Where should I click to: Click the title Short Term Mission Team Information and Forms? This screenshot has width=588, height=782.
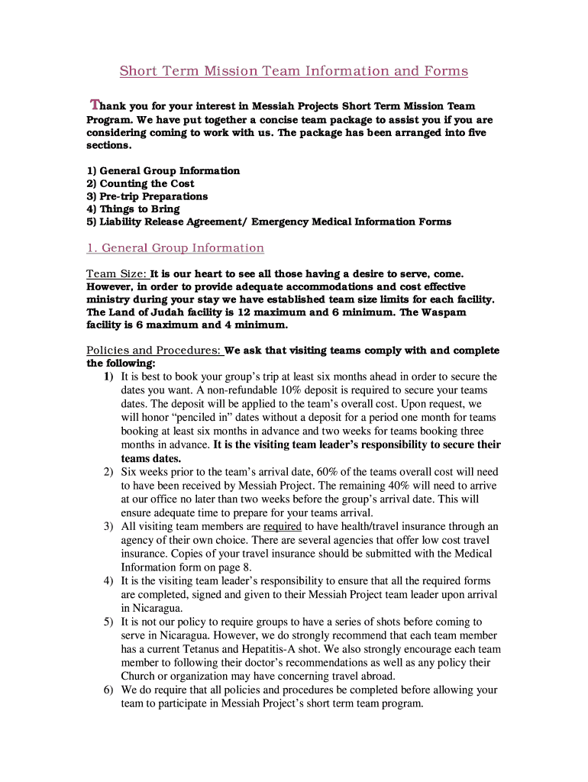[293, 71]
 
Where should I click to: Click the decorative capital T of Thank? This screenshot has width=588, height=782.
[95, 105]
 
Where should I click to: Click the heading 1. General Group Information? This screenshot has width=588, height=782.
[175, 248]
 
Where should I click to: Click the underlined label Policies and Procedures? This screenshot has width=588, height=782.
[154, 351]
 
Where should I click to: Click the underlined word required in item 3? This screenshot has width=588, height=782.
[283, 526]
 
